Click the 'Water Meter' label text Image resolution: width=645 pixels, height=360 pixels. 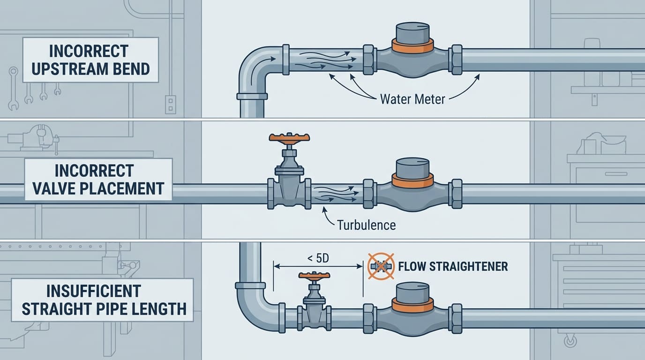coord(412,99)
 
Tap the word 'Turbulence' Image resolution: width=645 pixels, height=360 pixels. coord(366,225)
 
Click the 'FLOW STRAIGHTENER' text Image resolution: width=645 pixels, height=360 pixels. coord(453,267)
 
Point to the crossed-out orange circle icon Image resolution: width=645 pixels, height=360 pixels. coord(380,266)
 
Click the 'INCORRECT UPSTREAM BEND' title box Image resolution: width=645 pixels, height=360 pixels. coord(89,60)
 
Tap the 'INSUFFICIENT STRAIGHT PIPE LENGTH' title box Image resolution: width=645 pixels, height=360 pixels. coord(103,300)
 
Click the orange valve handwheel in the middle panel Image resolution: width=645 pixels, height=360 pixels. coord(289,137)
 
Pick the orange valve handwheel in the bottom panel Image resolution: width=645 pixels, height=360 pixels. coord(314,275)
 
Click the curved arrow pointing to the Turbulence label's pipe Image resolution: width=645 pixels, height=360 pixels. coord(326,217)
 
